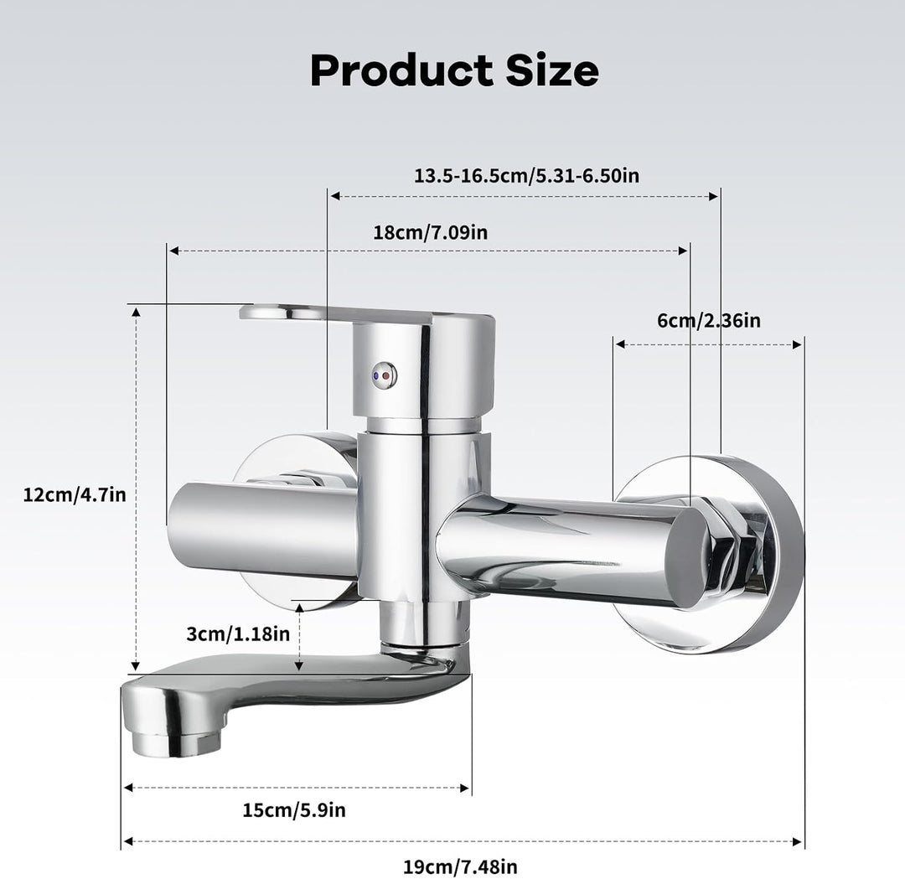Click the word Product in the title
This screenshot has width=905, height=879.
click(401, 70)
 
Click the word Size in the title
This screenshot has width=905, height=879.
click(552, 70)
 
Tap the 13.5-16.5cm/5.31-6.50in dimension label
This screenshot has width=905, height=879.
click(526, 175)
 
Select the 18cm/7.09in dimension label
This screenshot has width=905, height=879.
click(430, 233)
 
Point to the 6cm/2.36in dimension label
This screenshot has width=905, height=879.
click(709, 320)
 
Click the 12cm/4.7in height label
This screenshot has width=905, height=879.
click(75, 495)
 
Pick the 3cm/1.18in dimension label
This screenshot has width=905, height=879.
click(238, 633)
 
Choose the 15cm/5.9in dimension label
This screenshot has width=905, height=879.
click(294, 810)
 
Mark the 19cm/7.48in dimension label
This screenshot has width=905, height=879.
click(460, 867)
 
